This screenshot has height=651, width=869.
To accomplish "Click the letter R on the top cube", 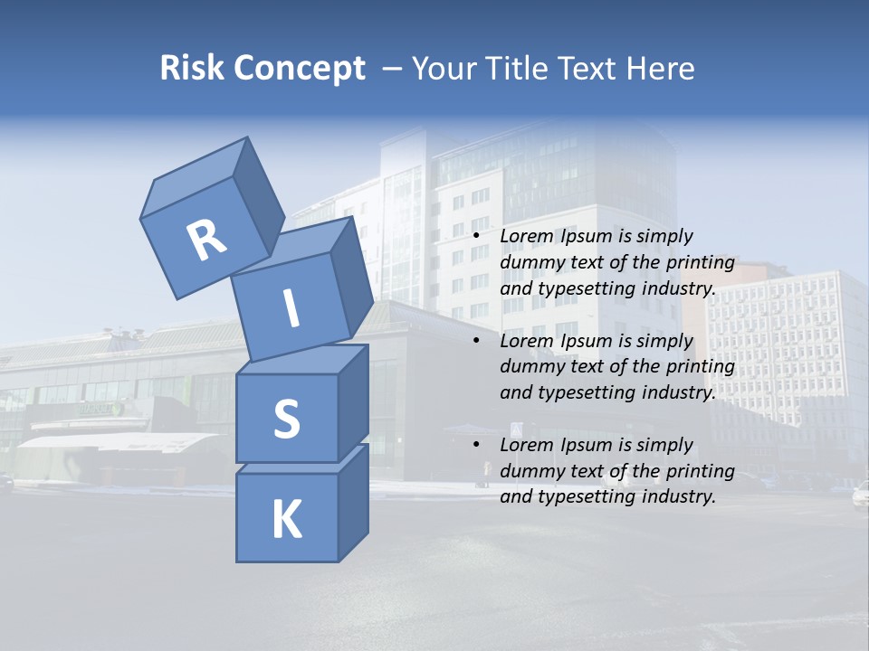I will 206,241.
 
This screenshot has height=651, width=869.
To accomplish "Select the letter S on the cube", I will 286,420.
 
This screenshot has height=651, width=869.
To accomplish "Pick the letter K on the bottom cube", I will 286,520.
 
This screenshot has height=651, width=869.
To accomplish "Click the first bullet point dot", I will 476,237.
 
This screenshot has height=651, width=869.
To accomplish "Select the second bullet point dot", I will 476,342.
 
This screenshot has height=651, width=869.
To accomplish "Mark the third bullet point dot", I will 476,446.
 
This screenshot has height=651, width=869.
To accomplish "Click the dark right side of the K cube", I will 353,506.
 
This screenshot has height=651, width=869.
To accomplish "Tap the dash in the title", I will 393,69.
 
